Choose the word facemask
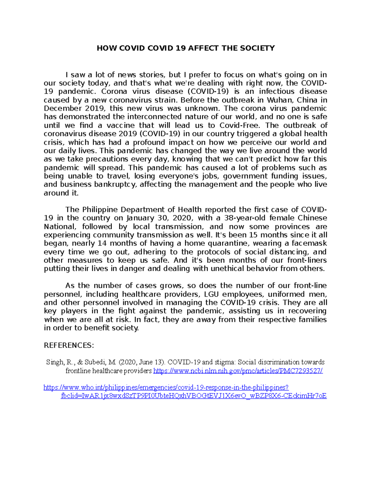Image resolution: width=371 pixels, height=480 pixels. [309, 243]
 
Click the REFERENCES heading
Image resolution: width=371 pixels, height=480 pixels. [69, 345]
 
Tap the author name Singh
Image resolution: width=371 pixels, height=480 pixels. [54, 362]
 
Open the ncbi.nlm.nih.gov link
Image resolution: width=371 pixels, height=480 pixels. [238, 371]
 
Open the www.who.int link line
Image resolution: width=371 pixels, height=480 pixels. [166, 388]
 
